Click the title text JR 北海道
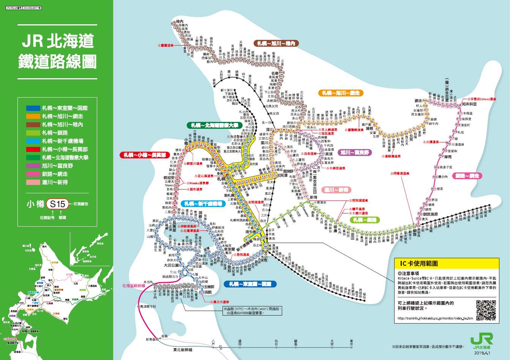click(x=57, y=41)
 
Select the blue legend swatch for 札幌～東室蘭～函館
click(x=33, y=108)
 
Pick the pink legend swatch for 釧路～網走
click(x=33, y=174)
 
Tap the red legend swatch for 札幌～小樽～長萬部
click(x=33, y=149)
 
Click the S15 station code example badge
click(x=58, y=204)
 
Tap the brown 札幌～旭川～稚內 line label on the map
click(x=276, y=43)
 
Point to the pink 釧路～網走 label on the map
click(x=468, y=176)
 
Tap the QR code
click(x=486, y=310)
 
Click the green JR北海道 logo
click(x=482, y=341)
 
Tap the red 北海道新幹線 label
click(x=133, y=285)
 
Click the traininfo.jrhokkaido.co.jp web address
click(x=435, y=318)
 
